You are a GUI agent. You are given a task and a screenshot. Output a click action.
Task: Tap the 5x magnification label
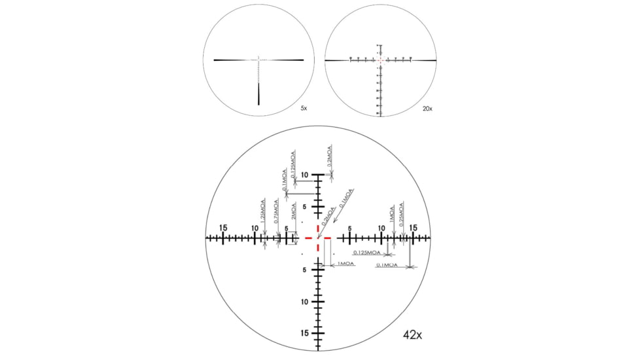click(304, 108)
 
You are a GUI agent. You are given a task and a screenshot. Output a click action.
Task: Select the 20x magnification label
click(427, 108)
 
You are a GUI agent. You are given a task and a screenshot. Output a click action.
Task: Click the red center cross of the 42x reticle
click(319, 238)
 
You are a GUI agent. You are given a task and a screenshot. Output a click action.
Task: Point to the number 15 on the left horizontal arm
click(223, 228)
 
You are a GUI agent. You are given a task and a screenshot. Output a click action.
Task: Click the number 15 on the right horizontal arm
click(413, 228)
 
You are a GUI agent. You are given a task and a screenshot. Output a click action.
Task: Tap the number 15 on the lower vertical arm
click(305, 333)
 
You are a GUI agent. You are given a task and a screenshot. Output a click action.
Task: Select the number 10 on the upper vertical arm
click(305, 175)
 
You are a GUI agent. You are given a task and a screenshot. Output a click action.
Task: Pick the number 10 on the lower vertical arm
click(305, 302)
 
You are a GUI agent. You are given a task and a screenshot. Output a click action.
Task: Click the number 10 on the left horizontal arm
click(255, 228)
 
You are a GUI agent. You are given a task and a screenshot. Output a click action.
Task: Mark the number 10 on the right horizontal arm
click(382, 228)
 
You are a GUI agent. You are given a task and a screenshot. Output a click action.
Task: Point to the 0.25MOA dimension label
click(401, 213)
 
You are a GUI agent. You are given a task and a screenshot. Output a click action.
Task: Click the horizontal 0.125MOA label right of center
click(367, 252)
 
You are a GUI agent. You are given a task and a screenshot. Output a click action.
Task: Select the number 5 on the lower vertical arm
click(305, 270)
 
